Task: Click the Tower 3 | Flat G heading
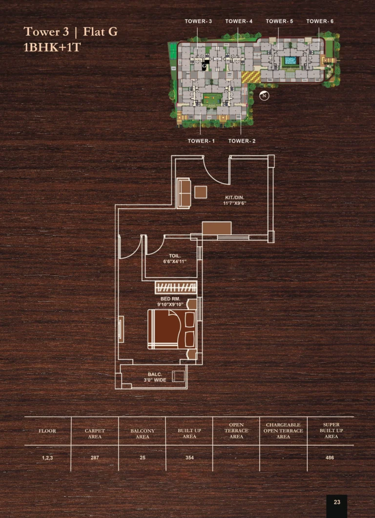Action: click(x=70, y=32)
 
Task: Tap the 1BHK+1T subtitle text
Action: click(x=52, y=47)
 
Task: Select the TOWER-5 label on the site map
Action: click(x=279, y=21)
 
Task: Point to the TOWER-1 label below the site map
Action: click(x=201, y=141)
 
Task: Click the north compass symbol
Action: click(x=264, y=96)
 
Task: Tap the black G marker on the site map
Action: click(x=205, y=66)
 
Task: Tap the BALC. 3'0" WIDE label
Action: click(x=155, y=377)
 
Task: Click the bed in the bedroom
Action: click(x=172, y=329)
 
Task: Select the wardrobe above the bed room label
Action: click(x=176, y=287)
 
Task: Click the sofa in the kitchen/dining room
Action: click(x=184, y=193)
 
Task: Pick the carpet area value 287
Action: click(x=95, y=458)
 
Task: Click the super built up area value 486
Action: click(x=330, y=458)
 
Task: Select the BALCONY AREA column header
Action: click(x=143, y=434)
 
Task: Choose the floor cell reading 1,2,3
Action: click(x=47, y=458)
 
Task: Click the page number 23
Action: click(x=337, y=502)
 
